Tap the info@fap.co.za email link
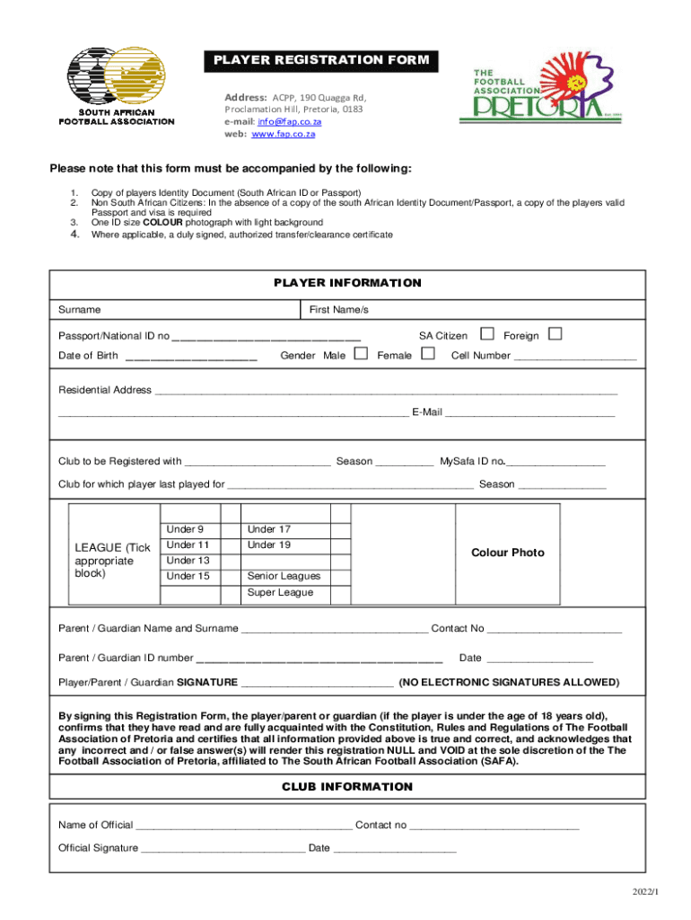coord(289,121)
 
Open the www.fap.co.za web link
coord(283,134)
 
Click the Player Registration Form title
coord(321,61)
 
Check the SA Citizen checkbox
coord(487,335)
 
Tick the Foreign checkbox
coord(555,335)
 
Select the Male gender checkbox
coord(361,354)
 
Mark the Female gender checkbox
coord(427,354)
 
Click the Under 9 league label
coord(185,529)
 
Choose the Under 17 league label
coord(268,529)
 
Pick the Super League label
coord(280,592)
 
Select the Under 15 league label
coord(188,576)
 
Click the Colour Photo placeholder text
coord(508,553)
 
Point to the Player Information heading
coord(346,283)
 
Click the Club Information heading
coord(346,787)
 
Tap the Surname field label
coord(80,310)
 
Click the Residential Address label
coord(105,390)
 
